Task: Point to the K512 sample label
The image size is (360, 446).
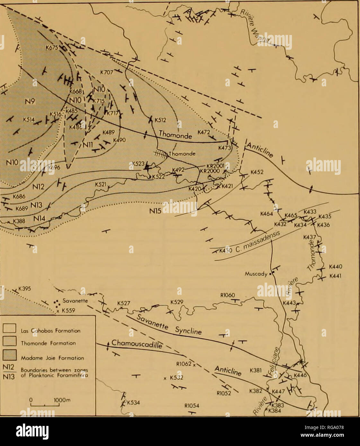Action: [x=160, y=121]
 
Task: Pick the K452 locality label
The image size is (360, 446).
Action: [x=257, y=172]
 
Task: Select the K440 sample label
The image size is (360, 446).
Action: [x=336, y=266]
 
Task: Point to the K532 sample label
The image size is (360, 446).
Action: [x=176, y=377]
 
